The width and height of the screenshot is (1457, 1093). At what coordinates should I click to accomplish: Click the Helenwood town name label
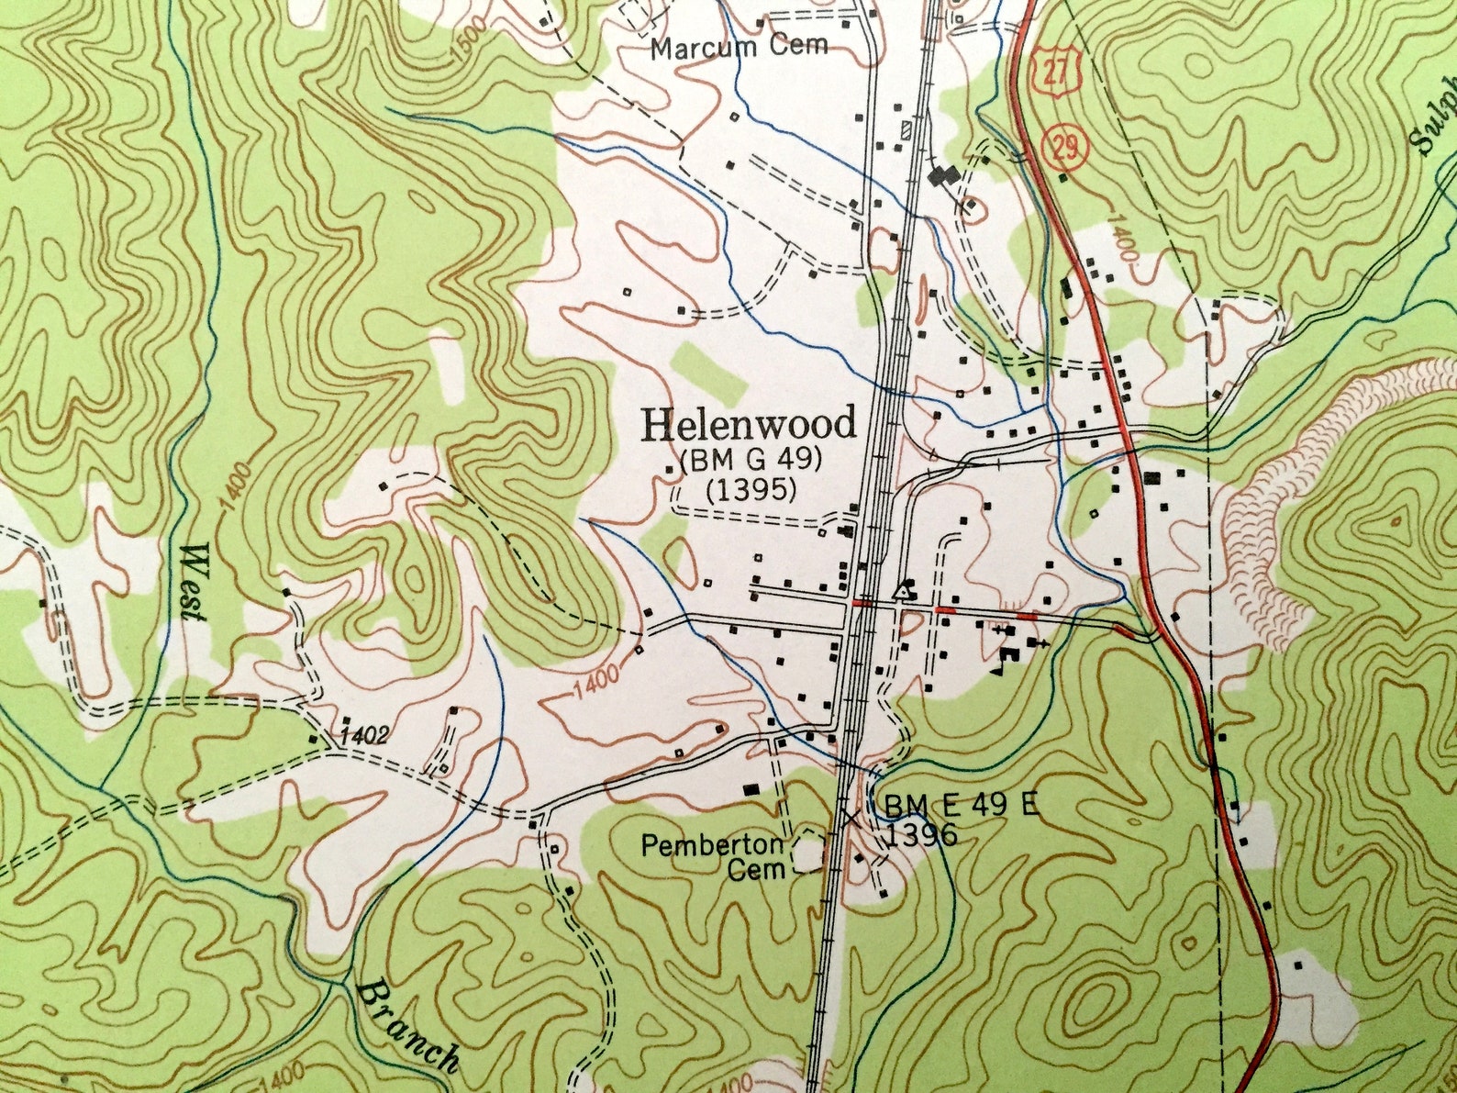pos(749,424)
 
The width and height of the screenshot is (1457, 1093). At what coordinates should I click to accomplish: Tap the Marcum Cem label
pos(740,46)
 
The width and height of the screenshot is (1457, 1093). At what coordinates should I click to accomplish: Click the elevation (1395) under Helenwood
pos(751,491)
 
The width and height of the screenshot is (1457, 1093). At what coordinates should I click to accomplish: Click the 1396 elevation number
pos(921,834)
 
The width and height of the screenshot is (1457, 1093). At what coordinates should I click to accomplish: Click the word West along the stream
pos(194,583)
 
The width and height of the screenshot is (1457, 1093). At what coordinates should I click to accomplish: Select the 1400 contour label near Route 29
pos(1124,238)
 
